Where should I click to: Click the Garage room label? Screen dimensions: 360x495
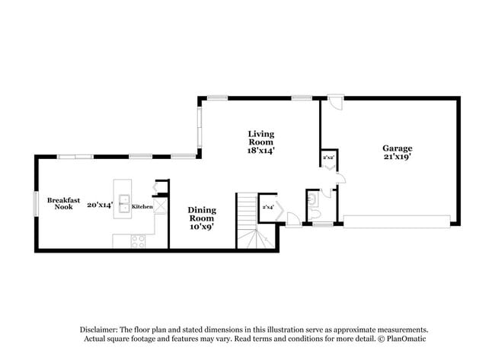tap(397, 148)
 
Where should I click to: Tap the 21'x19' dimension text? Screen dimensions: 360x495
tap(397, 158)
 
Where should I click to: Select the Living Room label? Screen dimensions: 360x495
tap(260, 138)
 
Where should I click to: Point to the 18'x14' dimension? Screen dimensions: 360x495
tap(260, 151)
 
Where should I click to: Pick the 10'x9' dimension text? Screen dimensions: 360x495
tap(202, 225)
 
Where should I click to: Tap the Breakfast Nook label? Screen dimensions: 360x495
tap(64, 203)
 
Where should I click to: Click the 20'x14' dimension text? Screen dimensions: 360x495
tap(100, 204)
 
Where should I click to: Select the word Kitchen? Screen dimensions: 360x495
tap(142, 206)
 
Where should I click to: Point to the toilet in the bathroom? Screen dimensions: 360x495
tap(314, 202)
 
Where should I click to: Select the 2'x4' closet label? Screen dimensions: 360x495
tap(267, 206)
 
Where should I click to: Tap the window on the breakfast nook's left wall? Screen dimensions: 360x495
tap(35, 203)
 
